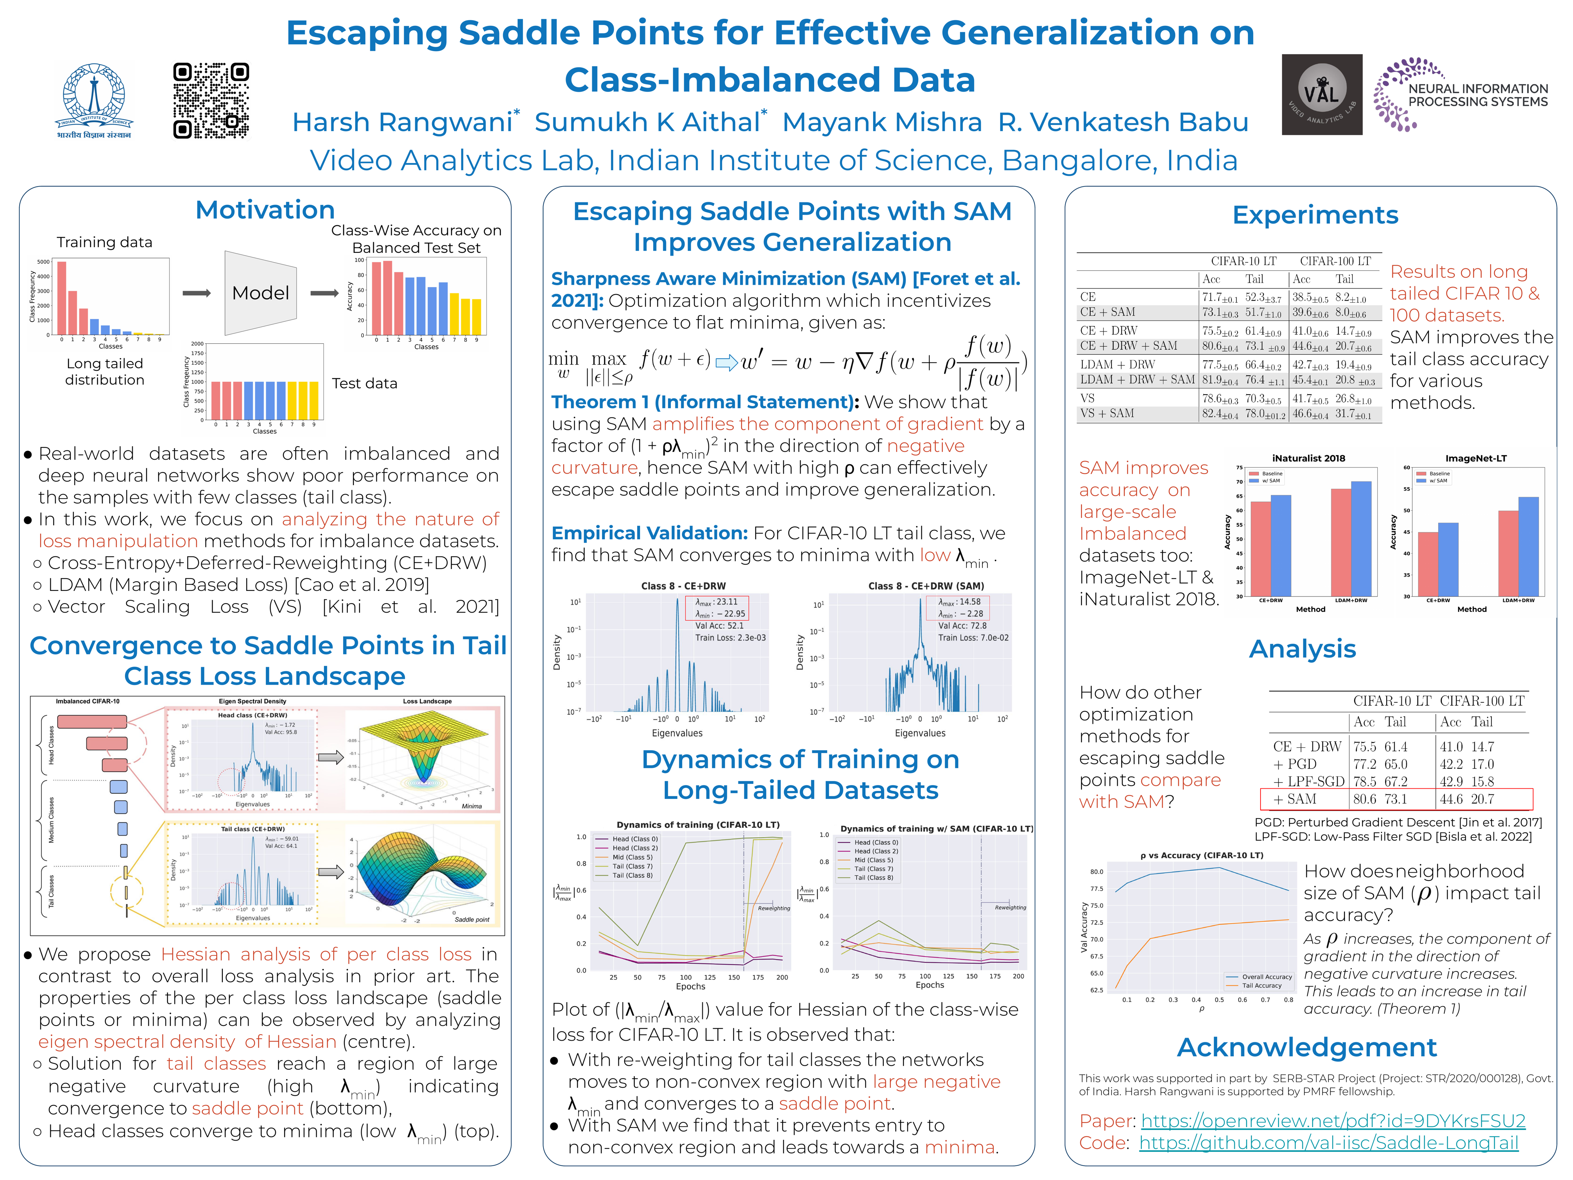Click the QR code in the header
[211, 100]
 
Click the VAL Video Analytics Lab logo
[1321, 95]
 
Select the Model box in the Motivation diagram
[260, 293]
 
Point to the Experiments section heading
[1315, 215]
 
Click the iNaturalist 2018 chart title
[1308, 458]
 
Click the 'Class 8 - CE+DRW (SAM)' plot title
[926, 586]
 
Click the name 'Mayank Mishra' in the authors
[882, 123]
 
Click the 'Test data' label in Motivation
[364, 383]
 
